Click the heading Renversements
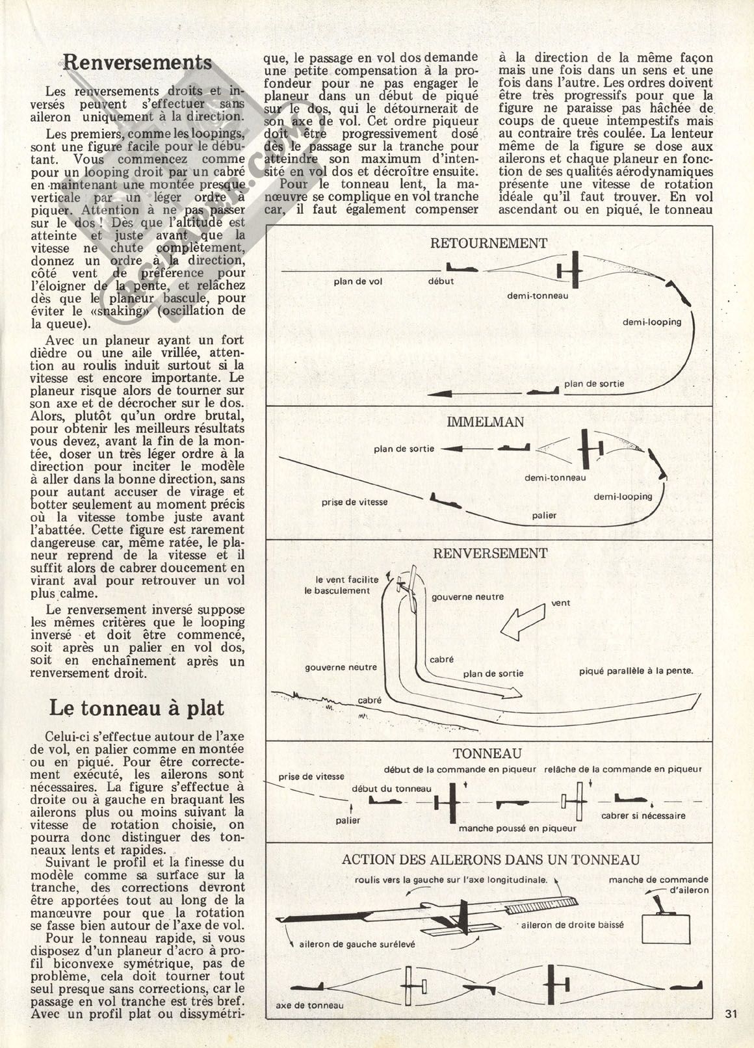138,63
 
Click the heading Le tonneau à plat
136,709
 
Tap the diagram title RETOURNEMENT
489,243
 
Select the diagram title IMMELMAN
485,422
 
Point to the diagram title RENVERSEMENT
489,553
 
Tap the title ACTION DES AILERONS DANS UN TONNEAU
491,859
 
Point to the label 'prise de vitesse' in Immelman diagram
354,502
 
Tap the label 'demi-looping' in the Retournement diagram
651,322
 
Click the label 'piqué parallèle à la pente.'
636,671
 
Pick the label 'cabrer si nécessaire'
643,815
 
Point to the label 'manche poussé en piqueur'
517,828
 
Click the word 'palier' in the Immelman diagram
543,516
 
